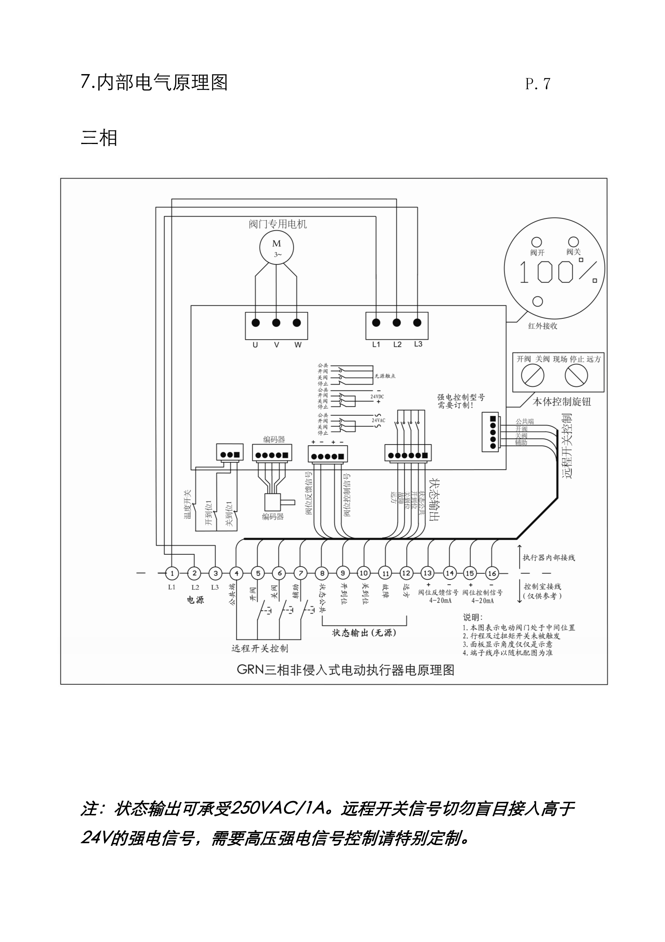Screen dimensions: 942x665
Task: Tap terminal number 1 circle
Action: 172,573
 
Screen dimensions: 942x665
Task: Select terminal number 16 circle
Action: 491,573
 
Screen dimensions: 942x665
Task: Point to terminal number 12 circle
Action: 406,573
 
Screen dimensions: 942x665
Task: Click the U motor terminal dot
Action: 256,323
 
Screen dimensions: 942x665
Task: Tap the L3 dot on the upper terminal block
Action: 417,323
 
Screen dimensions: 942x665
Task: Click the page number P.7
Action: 537,84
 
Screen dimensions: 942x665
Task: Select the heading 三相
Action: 99,138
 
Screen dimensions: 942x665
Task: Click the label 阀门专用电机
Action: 277,224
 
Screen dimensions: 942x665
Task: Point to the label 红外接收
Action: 542,326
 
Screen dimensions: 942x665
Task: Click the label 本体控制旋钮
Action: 562,402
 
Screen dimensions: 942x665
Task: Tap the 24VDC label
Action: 377,397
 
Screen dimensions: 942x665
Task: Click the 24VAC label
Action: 378,421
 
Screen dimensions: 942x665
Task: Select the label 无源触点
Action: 385,376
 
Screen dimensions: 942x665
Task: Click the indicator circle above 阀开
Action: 537,242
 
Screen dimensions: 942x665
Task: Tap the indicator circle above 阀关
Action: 573,242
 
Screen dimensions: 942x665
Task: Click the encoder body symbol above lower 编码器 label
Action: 272,502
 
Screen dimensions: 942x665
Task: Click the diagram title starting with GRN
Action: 345,670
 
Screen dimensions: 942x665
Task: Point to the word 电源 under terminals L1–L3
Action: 195,600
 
